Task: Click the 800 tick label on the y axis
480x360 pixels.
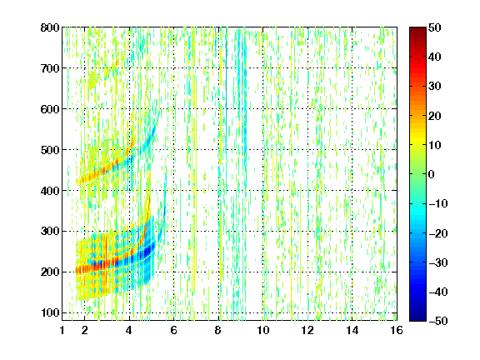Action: [x=50, y=27]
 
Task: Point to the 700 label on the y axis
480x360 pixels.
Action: [x=50, y=68]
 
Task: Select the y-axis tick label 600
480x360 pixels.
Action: [x=50, y=109]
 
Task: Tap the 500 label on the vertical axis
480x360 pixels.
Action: [x=50, y=150]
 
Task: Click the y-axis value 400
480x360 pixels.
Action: [x=50, y=191]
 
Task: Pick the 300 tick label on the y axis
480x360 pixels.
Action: [x=50, y=232]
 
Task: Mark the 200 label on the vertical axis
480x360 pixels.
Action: [x=50, y=272]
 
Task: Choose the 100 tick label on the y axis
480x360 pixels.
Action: [x=50, y=313]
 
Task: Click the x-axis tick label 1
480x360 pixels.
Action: [x=62, y=330]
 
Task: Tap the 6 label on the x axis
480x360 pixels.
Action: [x=174, y=330]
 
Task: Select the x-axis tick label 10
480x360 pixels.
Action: [x=263, y=330]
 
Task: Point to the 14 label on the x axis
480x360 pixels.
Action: [x=352, y=330]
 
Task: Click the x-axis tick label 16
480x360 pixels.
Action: [x=397, y=330]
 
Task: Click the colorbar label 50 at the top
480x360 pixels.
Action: [x=434, y=27]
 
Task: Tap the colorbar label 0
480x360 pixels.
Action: [x=432, y=174]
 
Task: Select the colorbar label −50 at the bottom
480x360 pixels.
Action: [x=437, y=321]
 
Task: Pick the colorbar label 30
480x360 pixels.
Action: [x=434, y=87]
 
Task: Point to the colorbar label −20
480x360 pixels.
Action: [x=437, y=233]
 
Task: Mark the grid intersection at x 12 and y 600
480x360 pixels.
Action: [x=307, y=109]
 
